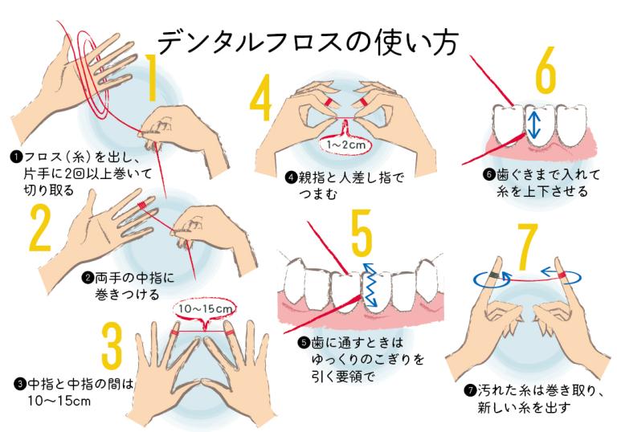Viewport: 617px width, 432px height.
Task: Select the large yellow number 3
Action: [110, 348]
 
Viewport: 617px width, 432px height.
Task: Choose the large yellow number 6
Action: [545, 78]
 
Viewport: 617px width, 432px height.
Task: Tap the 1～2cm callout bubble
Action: [343, 145]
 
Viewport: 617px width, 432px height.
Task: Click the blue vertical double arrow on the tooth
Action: [534, 124]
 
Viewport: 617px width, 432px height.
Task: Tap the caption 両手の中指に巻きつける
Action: [129, 286]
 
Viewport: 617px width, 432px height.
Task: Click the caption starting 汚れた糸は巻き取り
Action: [525, 398]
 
